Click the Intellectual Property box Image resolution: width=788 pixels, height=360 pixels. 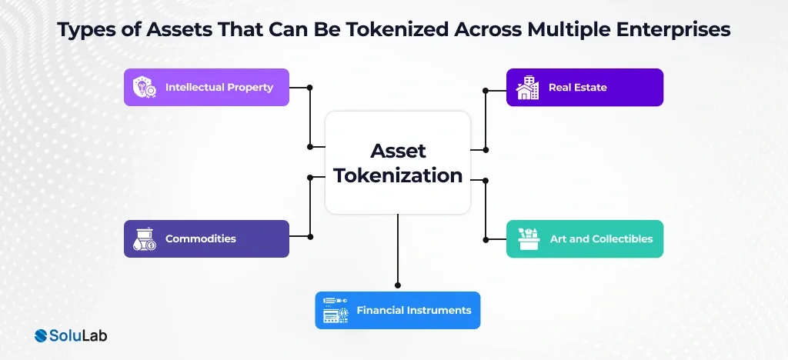pos(206,88)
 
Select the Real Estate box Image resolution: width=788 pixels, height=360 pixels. pos(584,88)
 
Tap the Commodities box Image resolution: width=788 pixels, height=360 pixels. pos(206,238)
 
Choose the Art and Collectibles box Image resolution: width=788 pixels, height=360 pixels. pos(584,238)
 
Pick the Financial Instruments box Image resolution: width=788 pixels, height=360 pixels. pos(397,310)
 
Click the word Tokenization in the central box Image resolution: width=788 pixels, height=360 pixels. pos(397,175)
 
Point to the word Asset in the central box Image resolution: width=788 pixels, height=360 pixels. pos(398,150)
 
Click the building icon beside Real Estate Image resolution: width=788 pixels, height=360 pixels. pos(528,88)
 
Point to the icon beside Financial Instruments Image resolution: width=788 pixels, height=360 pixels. pos(336,310)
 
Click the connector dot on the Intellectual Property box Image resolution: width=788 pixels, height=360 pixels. pos(309,87)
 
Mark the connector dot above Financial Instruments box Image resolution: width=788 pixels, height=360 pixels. pos(398,285)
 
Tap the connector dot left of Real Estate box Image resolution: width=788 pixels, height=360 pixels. pos(486,91)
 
